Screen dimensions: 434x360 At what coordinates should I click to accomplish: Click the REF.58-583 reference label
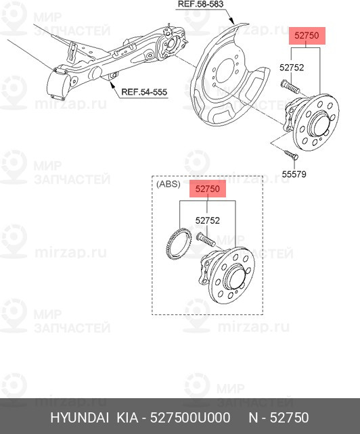201,4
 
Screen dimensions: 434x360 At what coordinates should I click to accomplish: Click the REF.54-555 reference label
144,93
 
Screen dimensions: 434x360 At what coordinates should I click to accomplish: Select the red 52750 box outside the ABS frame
308,37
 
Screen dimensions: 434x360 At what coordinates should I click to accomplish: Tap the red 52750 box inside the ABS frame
207,190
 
